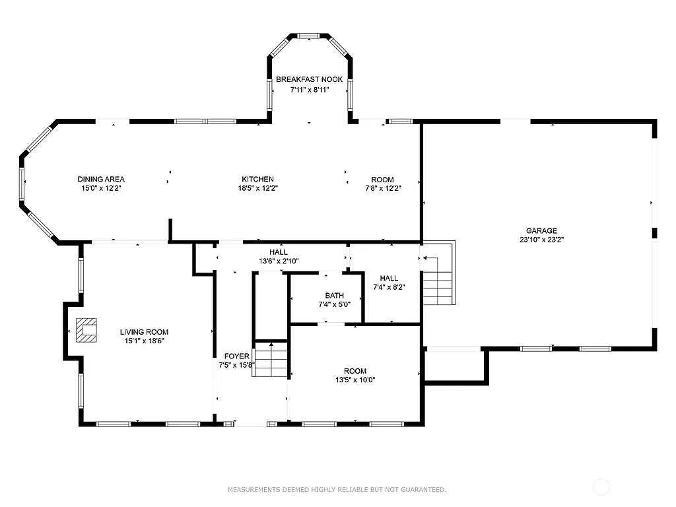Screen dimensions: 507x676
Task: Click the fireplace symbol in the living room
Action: [x=86, y=331]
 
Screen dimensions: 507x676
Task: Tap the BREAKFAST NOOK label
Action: [x=309, y=79]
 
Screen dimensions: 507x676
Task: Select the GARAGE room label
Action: [x=541, y=231]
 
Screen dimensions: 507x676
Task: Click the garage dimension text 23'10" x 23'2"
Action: [x=541, y=240]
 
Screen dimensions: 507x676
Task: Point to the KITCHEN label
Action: [x=257, y=180]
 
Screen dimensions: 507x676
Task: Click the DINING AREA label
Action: [x=101, y=180]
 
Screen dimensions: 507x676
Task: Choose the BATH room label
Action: [x=335, y=295]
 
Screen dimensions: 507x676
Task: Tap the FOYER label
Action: [x=236, y=356]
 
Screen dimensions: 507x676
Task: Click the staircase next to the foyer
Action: [x=271, y=359]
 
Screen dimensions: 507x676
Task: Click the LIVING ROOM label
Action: [x=144, y=332]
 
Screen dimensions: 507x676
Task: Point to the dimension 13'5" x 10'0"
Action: [x=355, y=380]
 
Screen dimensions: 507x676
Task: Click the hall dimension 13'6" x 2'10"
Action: [x=279, y=261]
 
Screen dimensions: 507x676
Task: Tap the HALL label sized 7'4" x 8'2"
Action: [x=389, y=279]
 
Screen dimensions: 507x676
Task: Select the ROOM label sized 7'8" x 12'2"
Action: [x=382, y=180]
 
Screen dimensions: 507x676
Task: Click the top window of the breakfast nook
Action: [x=308, y=36]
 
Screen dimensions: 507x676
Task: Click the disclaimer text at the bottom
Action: [x=337, y=490]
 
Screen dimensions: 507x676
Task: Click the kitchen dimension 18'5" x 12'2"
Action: [x=257, y=188]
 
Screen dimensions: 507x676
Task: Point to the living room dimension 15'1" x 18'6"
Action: [x=144, y=341]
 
